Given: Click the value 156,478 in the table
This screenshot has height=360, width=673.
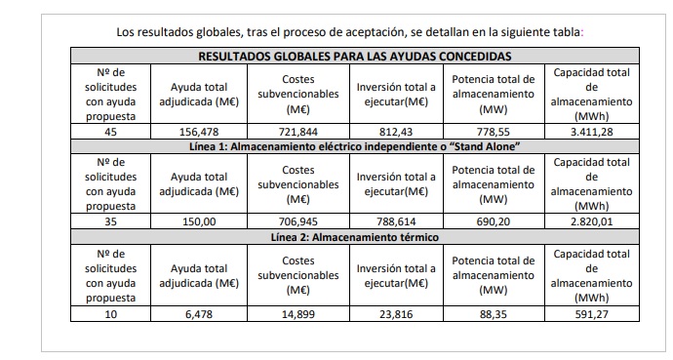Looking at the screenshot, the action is click(198, 132).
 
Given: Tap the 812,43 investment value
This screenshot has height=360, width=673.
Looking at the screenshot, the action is click(395, 132).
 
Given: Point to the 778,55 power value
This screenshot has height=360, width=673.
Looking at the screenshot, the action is click(494, 132).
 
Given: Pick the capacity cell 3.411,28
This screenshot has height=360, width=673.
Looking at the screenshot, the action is click(591, 132).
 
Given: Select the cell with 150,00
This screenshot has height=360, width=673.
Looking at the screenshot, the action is click(198, 221).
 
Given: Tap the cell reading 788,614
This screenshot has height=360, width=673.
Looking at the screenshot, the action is click(395, 221).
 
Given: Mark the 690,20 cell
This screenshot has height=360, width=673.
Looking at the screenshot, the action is click(494, 221).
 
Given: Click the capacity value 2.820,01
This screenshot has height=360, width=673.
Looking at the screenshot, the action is click(591, 221).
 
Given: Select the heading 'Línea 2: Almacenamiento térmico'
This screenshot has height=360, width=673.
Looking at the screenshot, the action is click(354, 237).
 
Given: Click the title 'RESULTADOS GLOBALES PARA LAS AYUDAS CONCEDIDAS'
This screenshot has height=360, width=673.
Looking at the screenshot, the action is click(354, 57).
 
